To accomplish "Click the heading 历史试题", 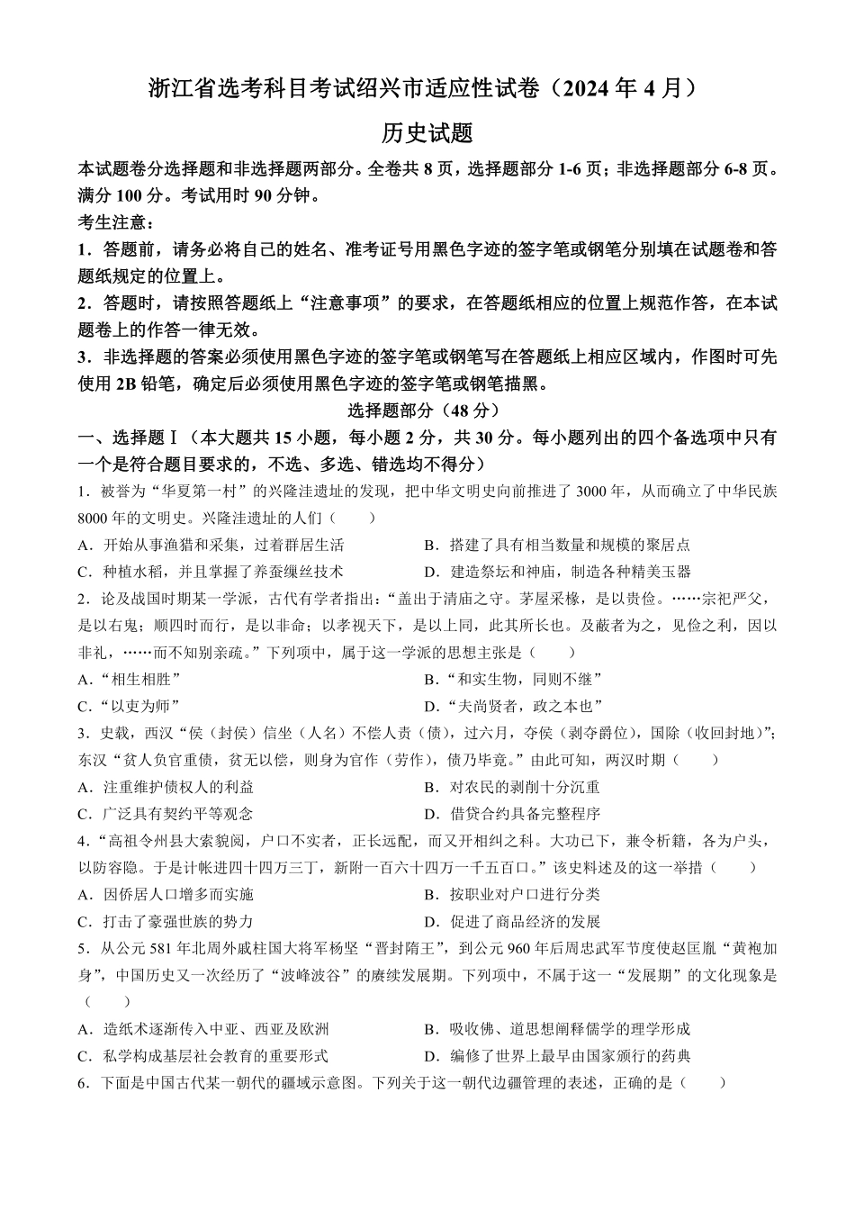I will coord(427,133).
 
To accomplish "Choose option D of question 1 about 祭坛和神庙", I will coord(557,572).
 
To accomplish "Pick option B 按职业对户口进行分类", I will coord(512,894).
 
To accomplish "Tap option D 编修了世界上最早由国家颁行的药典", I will coord(557,1056).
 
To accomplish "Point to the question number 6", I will coord(83,1083).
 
